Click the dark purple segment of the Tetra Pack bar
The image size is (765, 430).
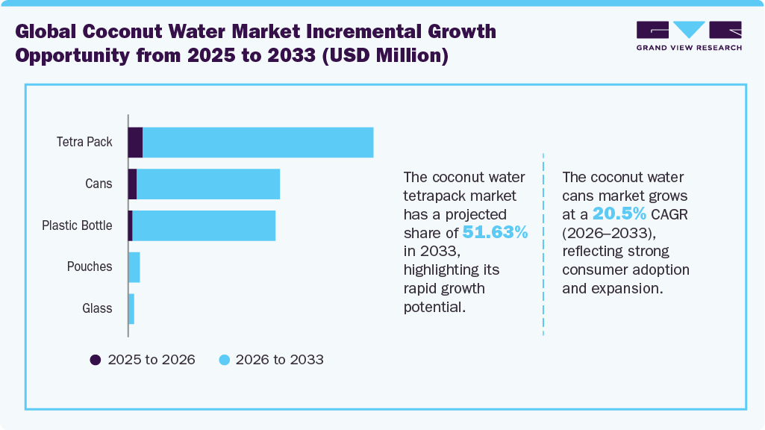click(135, 143)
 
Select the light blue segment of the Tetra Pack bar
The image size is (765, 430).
click(257, 143)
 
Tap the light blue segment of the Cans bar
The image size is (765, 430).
click(207, 184)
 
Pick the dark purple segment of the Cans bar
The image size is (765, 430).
click(132, 184)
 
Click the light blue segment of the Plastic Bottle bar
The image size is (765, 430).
click(203, 225)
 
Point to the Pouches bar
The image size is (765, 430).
click(134, 267)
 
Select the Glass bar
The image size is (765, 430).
click(131, 308)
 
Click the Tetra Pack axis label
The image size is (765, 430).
click(84, 142)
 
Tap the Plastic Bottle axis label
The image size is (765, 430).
click(77, 225)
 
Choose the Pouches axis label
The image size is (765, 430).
click(90, 267)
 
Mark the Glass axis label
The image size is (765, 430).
click(97, 308)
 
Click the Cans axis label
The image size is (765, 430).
click(99, 184)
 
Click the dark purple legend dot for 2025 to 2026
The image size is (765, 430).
click(96, 360)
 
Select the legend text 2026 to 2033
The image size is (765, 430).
click(279, 360)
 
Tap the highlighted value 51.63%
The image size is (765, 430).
click(496, 232)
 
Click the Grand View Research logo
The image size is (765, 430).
click(689, 35)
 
